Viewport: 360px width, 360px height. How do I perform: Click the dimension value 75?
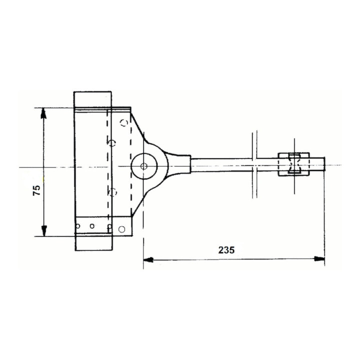[36, 190]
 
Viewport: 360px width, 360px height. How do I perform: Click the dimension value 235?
[226, 250]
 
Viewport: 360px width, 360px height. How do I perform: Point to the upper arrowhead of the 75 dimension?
[43, 113]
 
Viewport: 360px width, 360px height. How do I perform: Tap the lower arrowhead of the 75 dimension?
[44, 230]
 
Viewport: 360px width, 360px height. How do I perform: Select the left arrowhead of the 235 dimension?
[148, 260]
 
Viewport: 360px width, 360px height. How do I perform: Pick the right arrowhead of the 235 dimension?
[319, 259]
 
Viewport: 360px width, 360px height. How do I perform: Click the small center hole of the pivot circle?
[143, 166]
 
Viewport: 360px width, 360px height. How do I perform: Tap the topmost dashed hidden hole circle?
[124, 123]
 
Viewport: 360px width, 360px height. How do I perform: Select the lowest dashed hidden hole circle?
[112, 192]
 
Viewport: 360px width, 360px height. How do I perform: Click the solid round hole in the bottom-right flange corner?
[122, 229]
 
